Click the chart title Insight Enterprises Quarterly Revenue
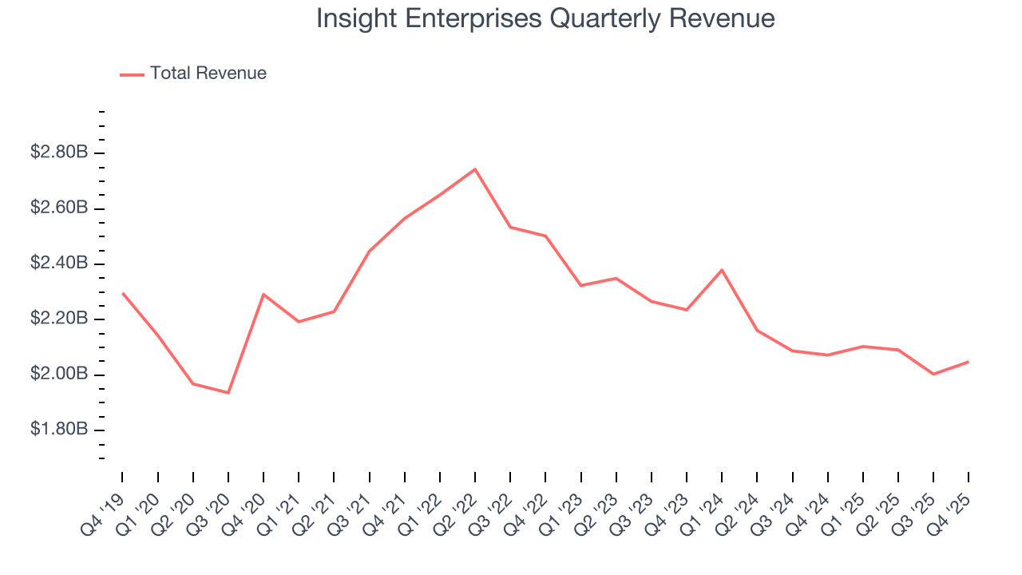click(x=545, y=18)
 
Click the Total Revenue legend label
click(x=208, y=73)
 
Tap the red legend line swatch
click(x=132, y=74)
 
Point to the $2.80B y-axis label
click(x=59, y=153)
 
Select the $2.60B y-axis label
click(x=59, y=208)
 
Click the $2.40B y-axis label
click(x=59, y=264)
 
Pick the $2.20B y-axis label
click(x=59, y=319)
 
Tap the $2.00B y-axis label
click(x=59, y=375)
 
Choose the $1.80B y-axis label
click(x=59, y=430)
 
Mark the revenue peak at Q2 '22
click(x=475, y=169)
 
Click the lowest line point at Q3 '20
click(x=228, y=393)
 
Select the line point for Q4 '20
click(x=263, y=295)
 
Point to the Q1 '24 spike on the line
click(x=722, y=270)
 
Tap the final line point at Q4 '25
click(x=969, y=362)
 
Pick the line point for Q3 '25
click(x=933, y=374)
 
